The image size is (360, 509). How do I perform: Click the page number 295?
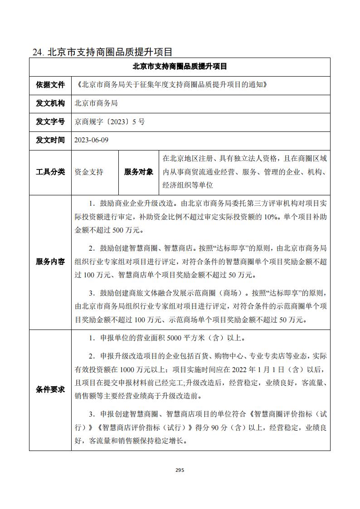(180, 470)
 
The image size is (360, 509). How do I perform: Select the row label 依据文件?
(50, 84)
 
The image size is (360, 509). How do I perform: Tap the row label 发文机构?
(50, 103)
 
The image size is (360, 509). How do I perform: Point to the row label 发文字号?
(50, 121)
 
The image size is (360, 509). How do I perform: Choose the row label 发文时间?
(50, 140)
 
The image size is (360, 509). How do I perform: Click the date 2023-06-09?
(92, 140)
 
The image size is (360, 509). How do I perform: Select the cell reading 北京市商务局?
(96, 103)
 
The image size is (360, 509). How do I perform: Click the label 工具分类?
(50, 172)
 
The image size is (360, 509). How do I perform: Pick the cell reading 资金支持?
(89, 172)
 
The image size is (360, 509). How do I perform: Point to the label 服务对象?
(139, 172)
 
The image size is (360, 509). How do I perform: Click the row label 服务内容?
(50, 262)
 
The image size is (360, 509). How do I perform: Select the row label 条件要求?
(50, 389)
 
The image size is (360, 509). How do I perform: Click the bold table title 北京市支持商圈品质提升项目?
(180, 67)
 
